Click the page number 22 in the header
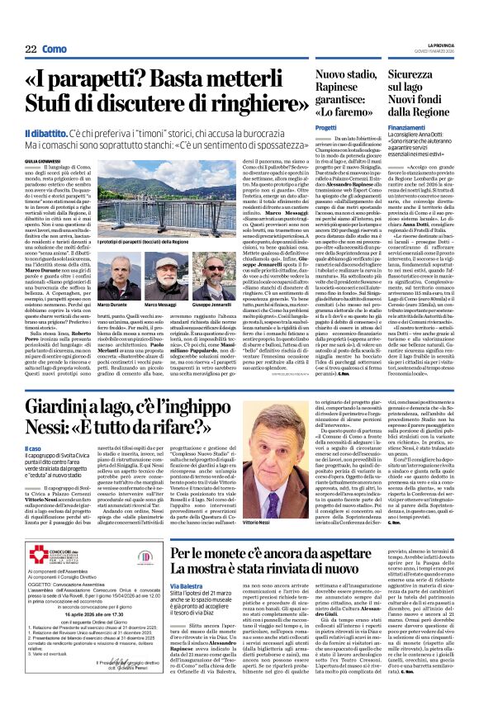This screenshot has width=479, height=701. (x=30, y=50)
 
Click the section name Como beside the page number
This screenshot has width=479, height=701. (x=55, y=50)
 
